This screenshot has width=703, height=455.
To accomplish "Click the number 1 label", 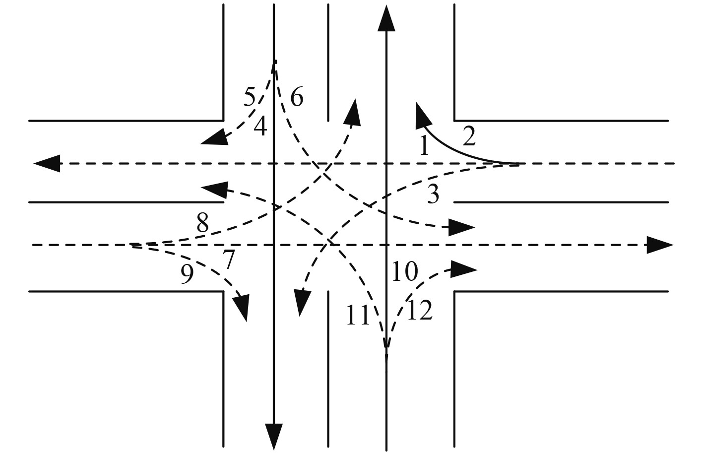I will pos(424,146).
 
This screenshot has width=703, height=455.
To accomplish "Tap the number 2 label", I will pos(469,136).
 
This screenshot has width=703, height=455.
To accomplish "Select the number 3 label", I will pos(433,194).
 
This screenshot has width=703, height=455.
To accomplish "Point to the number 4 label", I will pos(260,127).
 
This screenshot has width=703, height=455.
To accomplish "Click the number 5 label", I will pos(250,97).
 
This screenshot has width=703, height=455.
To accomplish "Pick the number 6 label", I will pos(296,97).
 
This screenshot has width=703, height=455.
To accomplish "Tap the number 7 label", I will pos(228,260).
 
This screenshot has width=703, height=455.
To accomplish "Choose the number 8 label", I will pos(202,224).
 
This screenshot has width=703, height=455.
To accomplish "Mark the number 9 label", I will pos(187,275).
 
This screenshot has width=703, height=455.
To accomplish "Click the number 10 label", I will pos(404,272).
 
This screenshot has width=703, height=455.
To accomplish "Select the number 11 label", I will pos(358,316).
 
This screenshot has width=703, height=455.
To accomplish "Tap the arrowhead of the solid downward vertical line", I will pos(273,437).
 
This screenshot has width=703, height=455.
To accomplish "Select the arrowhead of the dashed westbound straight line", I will pos(47,163).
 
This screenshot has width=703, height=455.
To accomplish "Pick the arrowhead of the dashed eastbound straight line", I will pos(660,245).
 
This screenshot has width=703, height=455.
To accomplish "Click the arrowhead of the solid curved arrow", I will pos(422,113).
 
